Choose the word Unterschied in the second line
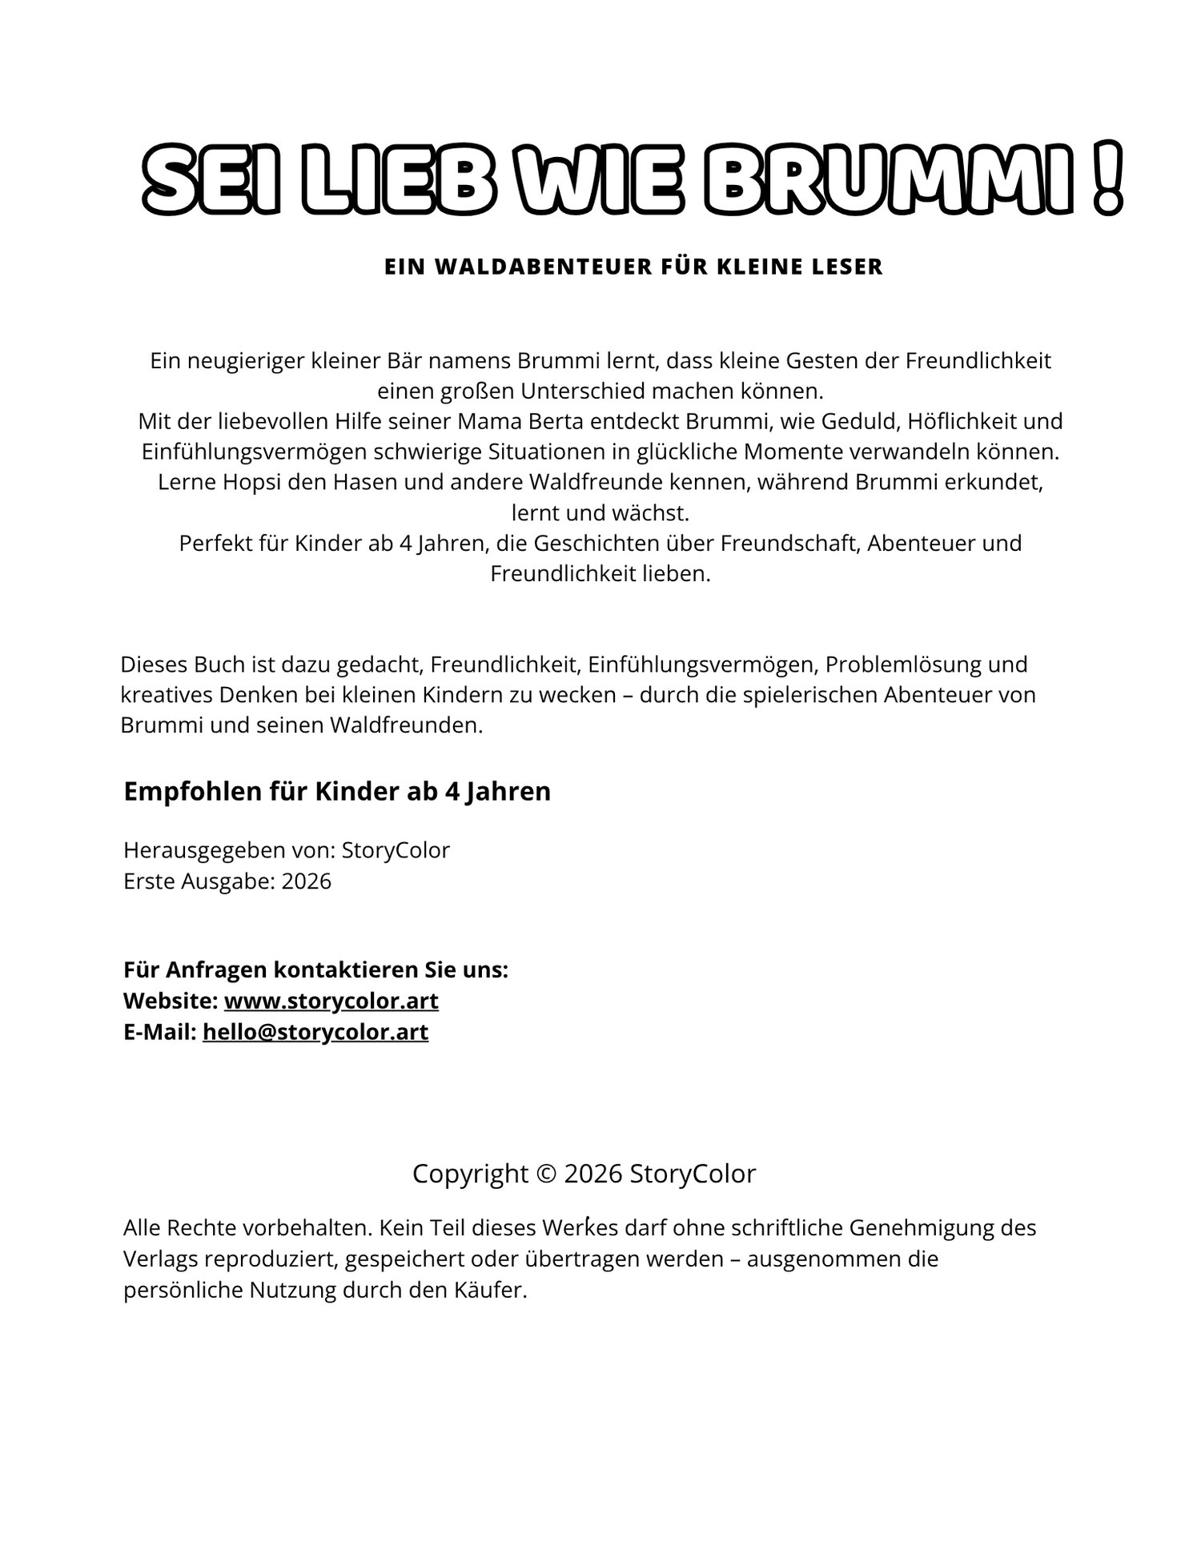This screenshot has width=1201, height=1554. pyautogui.click(x=588, y=392)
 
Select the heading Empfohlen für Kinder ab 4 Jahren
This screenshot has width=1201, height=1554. pyautogui.click(x=337, y=791)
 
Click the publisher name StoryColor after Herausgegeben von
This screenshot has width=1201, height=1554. pyautogui.click(x=396, y=850)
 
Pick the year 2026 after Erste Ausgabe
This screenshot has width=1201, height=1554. pyautogui.click(x=306, y=881)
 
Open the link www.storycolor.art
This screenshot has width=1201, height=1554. pyautogui.click(x=331, y=1002)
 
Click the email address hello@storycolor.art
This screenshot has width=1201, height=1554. pyautogui.click(x=315, y=1033)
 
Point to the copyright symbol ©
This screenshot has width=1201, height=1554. pyautogui.click(x=546, y=1174)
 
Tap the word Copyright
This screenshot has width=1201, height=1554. pyautogui.click(x=470, y=1174)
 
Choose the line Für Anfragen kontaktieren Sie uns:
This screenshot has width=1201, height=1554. pyautogui.click(x=315, y=970)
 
